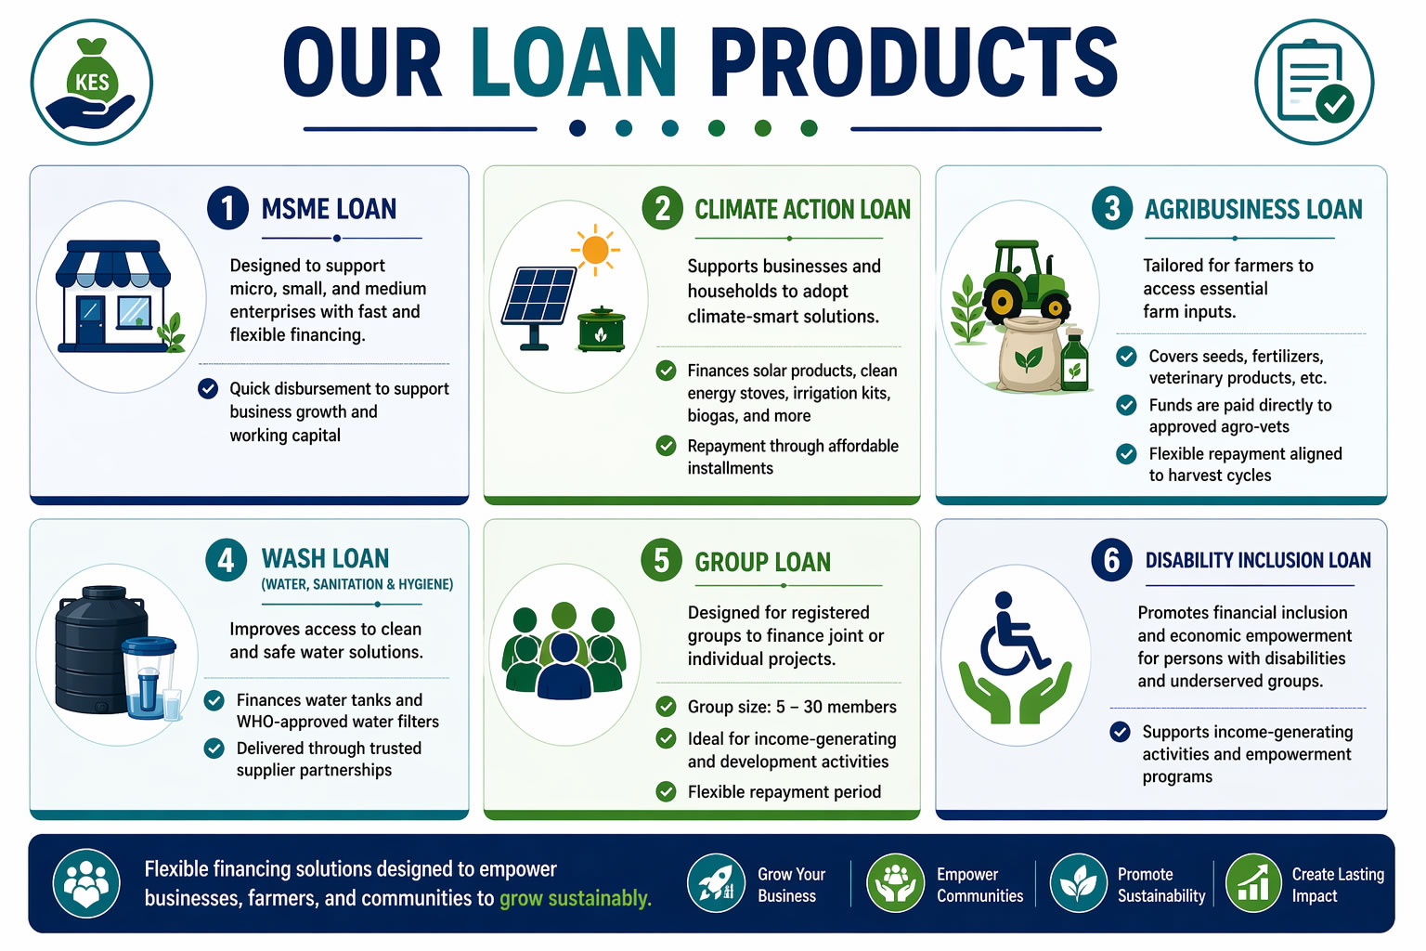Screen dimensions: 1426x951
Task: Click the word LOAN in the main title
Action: [575, 62]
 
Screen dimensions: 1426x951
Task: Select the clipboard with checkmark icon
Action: [1314, 82]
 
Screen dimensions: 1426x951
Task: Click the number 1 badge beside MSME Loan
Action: [227, 208]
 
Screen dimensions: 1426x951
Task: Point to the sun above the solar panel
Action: [595, 250]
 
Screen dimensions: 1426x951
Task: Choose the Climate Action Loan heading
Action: [802, 210]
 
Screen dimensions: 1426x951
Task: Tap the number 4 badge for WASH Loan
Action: [226, 561]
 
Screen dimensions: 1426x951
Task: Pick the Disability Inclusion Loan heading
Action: [1258, 560]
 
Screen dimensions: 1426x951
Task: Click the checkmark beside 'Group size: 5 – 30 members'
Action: [666, 707]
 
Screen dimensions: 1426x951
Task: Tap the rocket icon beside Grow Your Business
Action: [716, 883]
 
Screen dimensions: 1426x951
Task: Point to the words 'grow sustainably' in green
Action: [575, 898]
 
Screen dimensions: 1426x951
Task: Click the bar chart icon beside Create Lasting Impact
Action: [1253, 883]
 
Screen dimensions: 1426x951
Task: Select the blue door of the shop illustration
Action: [90, 319]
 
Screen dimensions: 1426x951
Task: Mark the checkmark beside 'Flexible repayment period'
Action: [666, 792]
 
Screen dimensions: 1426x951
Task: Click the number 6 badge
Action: [1111, 561]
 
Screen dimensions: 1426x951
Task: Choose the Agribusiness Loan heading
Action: [1253, 210]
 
